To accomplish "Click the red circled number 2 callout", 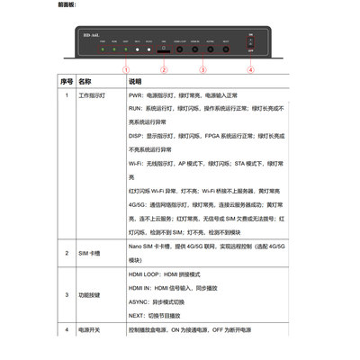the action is pyautogui.click(x=164, y=69).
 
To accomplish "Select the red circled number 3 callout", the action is pyautogui.click(x=202, y=69).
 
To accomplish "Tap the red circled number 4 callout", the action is pyautogui.click(x=250, y=69).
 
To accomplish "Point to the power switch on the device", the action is pyautogui.click(x=250, y=46).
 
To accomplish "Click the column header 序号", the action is pyautogui.click(x=66, y=80).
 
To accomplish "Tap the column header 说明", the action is pyautogui.click(x=137, y=80).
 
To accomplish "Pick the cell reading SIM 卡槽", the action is pyautogui.click(x=88, y=254).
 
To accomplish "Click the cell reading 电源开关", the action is pyautogui.click(x=90, y=331).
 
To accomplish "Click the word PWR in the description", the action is pyautogui.click(x=136, y=94).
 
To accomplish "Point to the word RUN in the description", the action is pyautogui.click(x=136, y=108).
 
